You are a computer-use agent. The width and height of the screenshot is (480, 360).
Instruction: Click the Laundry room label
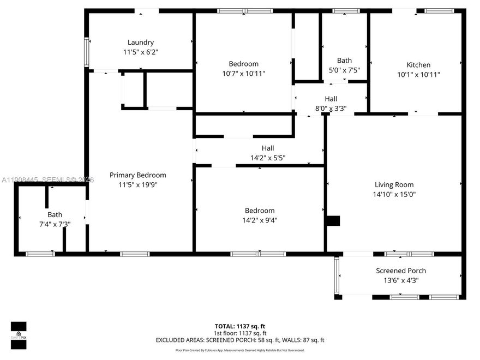pyautogui.click(x=141, y=43)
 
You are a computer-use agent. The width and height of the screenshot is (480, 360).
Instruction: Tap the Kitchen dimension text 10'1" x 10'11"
pyautogui.click(x=418, y=75)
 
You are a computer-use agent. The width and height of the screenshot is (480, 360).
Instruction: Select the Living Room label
pyautogui.click(x=394, y=184)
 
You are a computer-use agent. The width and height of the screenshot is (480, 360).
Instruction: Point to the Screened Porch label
pyautogui.click(x=401, y=271)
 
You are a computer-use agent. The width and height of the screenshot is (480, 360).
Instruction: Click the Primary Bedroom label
pyautogui.click(x=137, y=175)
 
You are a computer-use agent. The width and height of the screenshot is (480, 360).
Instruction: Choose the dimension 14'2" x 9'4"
pyautogui.click(x=260, y=220)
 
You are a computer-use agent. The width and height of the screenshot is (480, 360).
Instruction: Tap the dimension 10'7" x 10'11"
pyautogui.click(x=244, y=74)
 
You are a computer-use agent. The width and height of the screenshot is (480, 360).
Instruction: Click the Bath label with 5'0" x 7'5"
pyautogui.click(x=344, y=61)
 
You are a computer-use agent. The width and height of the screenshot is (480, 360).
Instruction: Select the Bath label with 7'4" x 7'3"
pyautogui.click(x=55, y=214)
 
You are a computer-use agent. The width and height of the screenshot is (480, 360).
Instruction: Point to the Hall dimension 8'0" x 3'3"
pyautogui.click(x=331, y=109)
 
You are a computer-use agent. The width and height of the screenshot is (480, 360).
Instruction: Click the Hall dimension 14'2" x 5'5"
pyautogui.click(x=267, y=158)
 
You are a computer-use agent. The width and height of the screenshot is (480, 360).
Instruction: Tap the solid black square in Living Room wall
pyautogui.click(x=333, y=220)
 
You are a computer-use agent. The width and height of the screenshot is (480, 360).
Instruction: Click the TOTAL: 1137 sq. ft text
pyautogui.click(x=240, y=326)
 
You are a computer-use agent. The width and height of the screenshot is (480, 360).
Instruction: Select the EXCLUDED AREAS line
pyautogui.click(x=240, y=340)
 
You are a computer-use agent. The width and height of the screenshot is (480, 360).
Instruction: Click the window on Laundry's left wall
pyautogui.click(x=86, y=52)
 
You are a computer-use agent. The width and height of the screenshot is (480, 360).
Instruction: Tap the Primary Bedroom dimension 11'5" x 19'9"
pyautogui.click(x=137, y=185)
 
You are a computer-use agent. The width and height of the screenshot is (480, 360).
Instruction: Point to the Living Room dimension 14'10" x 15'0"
pyautogui.click(x=394, y=194)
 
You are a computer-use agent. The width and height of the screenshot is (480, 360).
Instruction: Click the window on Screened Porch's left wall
pyautogui.click(x=337, y=275)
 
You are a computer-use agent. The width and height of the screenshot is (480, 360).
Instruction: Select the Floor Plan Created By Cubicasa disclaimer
pyautogui.click(x=240, y=350)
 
